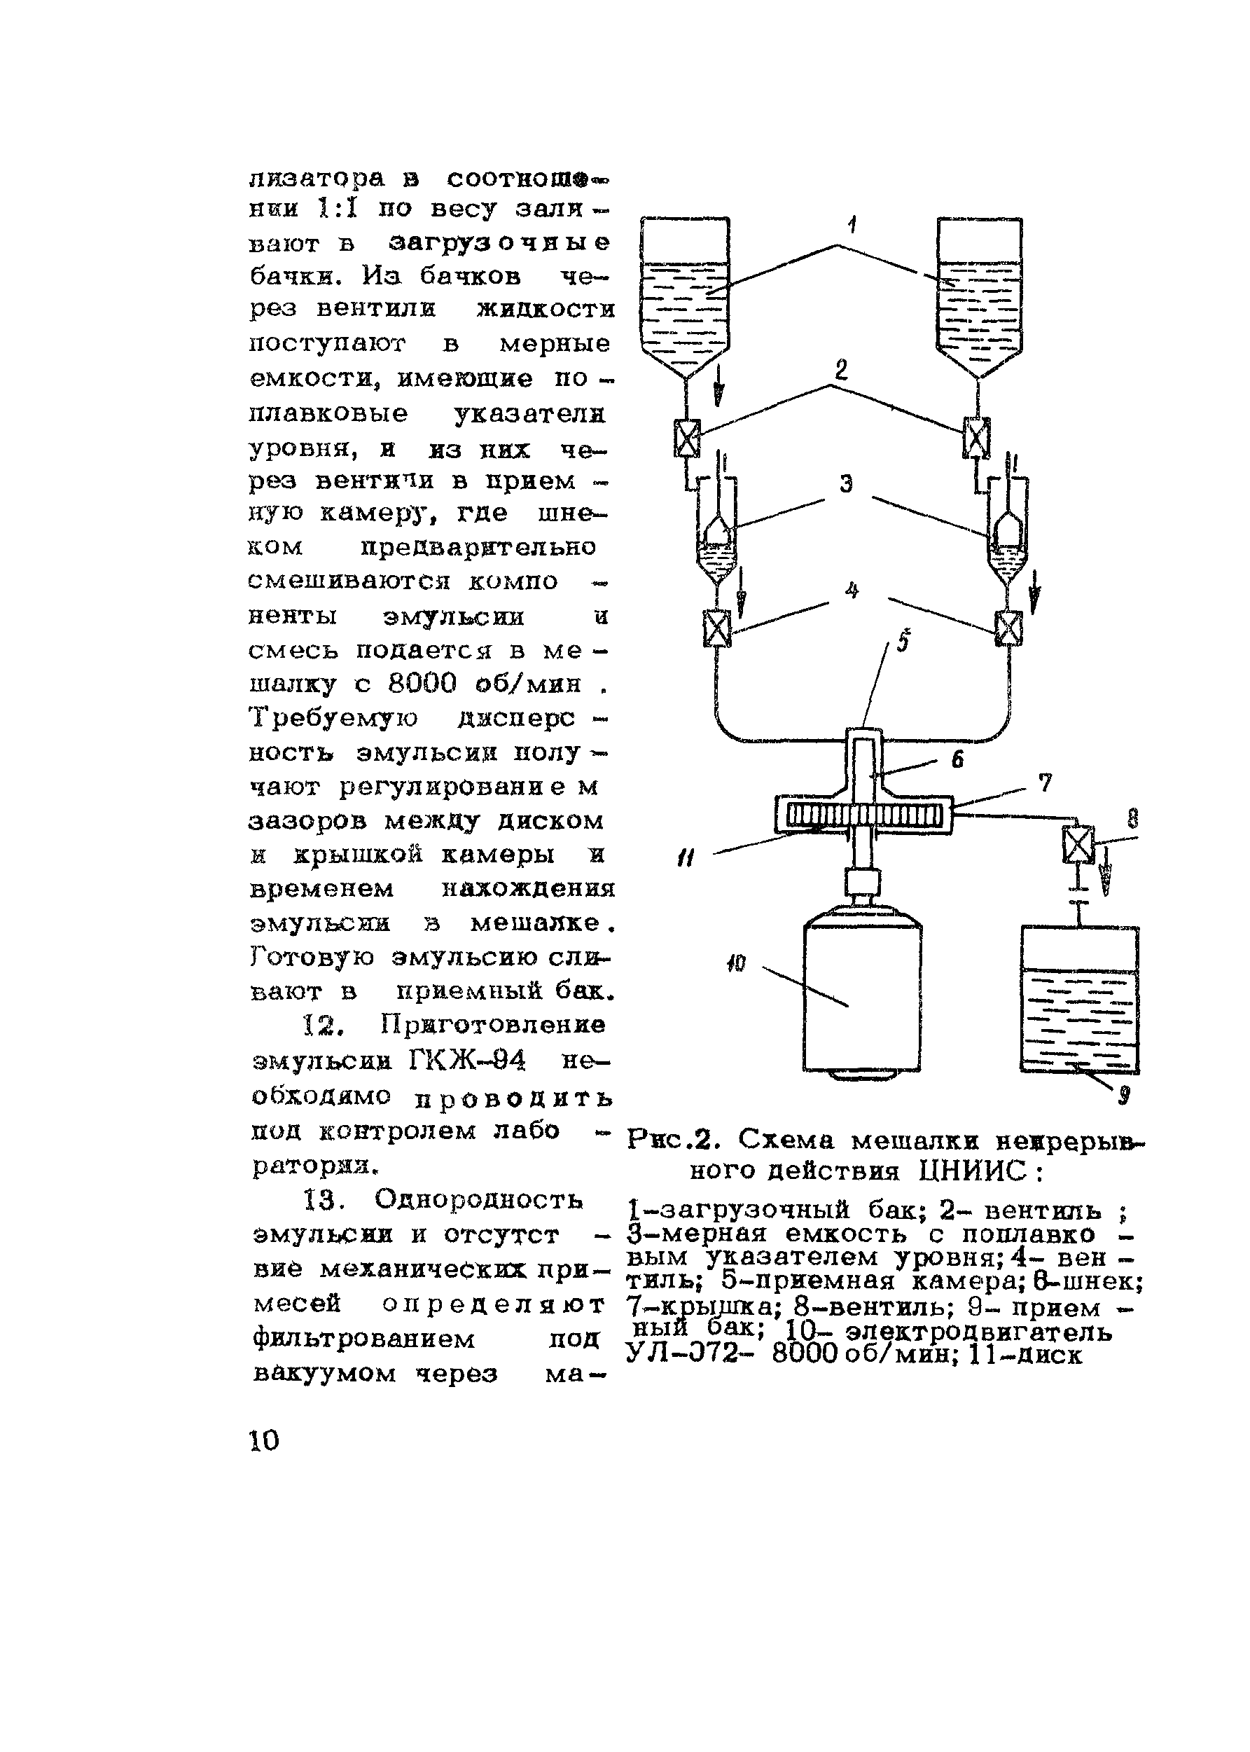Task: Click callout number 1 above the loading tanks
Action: (852, 226)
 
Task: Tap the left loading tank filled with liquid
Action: (685, 293)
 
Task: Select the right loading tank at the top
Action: (979, 293)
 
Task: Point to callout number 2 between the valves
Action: (841, 371)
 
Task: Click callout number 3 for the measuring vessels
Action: (847, 484)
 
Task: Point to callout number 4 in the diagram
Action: (852, 591)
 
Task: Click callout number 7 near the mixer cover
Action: (1045, 783)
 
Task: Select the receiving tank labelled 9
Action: (1079, 1001)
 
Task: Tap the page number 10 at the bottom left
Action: (264, 1440)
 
